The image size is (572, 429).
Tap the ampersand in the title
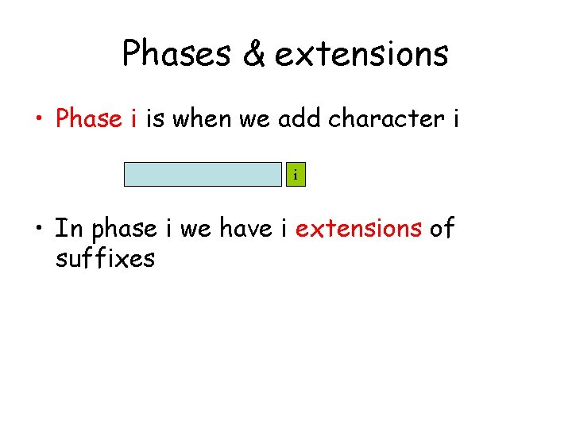pos(254,54)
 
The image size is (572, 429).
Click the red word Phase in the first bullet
pos(88,118)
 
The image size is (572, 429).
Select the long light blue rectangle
pos(203,174)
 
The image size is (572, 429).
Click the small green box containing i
pos(296,174)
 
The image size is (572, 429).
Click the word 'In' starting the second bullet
pos(68,228)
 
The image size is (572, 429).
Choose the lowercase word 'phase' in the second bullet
pos(125,230)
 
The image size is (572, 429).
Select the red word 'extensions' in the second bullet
pos(358,228)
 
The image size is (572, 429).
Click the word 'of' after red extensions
pos(442,228)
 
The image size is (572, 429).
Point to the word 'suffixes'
pos(105,257)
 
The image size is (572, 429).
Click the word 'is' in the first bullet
pos(157,118)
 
